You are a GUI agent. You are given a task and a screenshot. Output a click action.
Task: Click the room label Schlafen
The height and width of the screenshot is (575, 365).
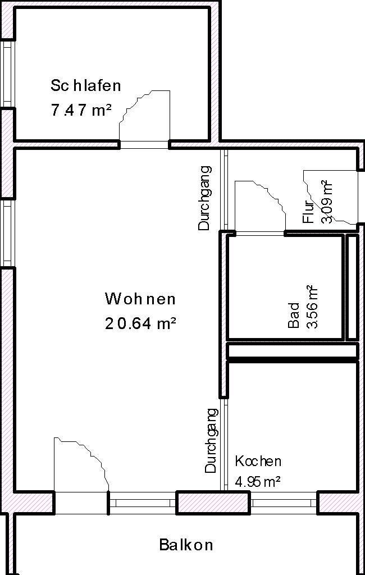pos(85,86)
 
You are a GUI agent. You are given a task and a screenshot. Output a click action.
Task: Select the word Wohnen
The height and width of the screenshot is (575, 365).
pos(140,299)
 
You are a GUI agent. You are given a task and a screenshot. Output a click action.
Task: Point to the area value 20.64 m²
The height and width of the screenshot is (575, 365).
pos(140,323)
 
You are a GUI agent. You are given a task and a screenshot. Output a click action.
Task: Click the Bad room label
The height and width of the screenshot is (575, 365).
pos(294,316)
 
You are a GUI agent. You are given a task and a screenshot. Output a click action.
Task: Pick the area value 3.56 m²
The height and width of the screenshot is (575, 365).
pos(313,307)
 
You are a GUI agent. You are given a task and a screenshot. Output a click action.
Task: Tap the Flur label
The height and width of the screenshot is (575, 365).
pos(309,211)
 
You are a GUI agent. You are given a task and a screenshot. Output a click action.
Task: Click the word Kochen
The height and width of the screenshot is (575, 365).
pos(258,462)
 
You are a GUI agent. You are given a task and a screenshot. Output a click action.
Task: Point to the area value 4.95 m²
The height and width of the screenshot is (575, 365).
pos(258,482)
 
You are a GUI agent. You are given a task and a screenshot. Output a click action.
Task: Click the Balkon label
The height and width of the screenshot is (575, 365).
pos(186,544)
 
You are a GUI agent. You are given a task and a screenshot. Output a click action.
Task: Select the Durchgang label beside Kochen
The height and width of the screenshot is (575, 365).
pos(211,440)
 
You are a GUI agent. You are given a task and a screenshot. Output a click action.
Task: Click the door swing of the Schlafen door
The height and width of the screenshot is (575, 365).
pos(145,115)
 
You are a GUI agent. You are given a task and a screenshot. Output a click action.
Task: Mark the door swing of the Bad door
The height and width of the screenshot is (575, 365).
pos(259,206)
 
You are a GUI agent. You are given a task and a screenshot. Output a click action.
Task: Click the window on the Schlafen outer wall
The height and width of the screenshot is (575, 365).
pos(7,73)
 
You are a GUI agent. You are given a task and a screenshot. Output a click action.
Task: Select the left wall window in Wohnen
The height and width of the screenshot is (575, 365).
pos(7,233)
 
